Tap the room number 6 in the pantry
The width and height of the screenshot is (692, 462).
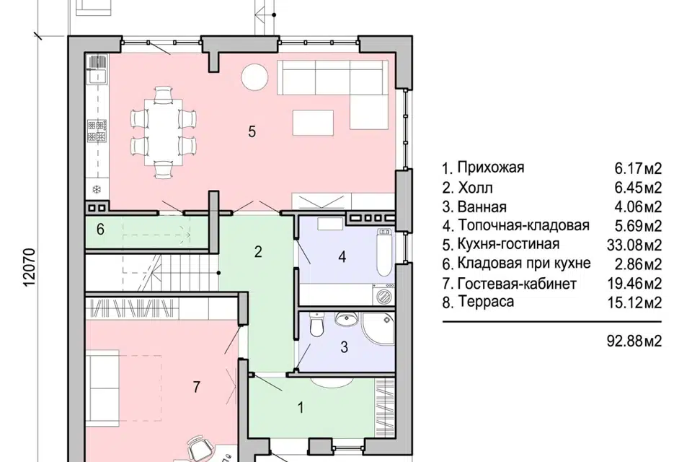coord(101,230)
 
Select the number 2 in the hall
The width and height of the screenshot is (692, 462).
coord(257,252)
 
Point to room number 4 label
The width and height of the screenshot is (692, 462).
coord(342,256)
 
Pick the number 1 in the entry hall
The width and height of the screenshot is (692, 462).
coord(301,408)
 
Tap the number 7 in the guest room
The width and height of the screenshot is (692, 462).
coord(196,387)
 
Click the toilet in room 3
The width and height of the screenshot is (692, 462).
coord(315,328)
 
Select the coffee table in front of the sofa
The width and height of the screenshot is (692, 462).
coord(313,121)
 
